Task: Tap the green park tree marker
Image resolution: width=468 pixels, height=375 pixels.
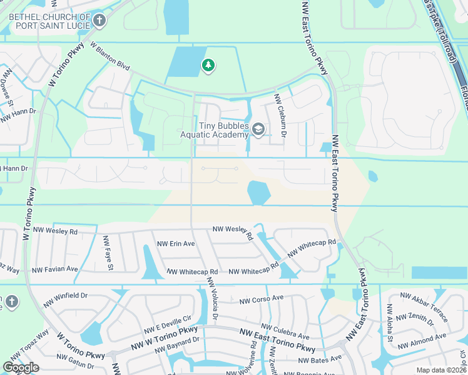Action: click(x=208, y=65)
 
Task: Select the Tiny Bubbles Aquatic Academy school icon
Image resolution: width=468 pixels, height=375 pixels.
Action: click(x=258, y=129)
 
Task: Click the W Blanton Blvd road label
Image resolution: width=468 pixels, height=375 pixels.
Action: click(x=109, y=56)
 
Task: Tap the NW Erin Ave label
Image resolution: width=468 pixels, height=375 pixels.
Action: click(x=176, y=244)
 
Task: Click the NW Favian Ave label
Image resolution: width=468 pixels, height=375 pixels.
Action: click(x=54, y=269)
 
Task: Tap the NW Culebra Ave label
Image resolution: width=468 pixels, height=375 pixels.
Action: click(x=285, y=331)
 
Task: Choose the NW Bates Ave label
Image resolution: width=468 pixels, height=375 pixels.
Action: click(x=320, y=359)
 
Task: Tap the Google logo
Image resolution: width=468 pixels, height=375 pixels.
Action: click(x=21, y=367)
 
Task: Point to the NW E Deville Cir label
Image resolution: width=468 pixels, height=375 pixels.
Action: click(x=168, y=323)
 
